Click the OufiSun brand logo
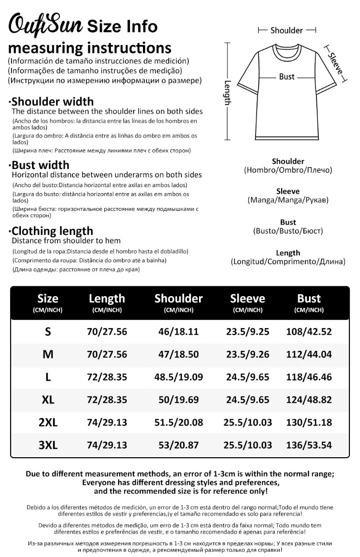point(45,24)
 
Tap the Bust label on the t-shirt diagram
point(287,77)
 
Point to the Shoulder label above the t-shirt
point(287,30)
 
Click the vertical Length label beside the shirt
point(227,92)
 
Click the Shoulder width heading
point(52,102)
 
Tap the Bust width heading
point(40,165)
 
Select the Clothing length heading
point(52,231)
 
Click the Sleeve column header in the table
point(248,298)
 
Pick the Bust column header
point(309,298)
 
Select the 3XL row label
point(48,445)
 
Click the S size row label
point(48,331)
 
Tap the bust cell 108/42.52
point(309,331)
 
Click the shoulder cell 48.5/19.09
point(179,377)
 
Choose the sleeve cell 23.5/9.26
point(248,354)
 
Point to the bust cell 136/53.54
point(309,445)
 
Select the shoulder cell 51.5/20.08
point(179,422)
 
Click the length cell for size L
point(107,377)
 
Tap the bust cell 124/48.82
point(309,400)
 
